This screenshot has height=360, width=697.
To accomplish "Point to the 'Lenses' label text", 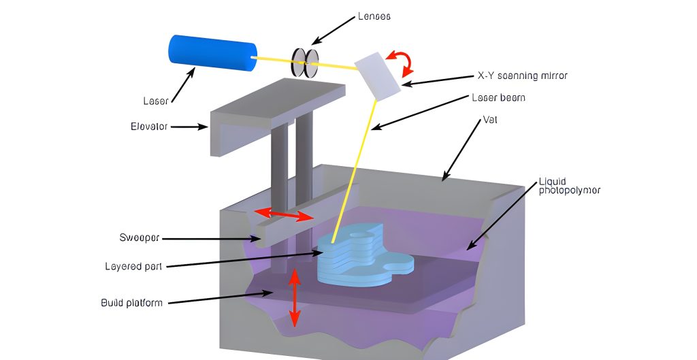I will [374, 16].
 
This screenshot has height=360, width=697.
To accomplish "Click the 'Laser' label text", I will [155, 101].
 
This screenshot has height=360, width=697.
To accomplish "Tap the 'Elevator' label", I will [149, 126].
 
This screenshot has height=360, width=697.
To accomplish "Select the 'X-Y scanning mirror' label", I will [522, 76].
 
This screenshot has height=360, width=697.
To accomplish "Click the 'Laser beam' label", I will [498, 97].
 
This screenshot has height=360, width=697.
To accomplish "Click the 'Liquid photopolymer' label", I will [569, 186].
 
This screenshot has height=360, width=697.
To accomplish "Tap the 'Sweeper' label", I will [139, 238].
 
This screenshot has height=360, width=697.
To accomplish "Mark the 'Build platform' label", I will [131, 302].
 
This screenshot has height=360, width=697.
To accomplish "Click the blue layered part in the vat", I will [361, 259].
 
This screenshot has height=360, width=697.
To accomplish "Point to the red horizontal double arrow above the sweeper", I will [284, 215].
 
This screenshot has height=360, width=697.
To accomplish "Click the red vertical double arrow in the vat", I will [294, 297].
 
